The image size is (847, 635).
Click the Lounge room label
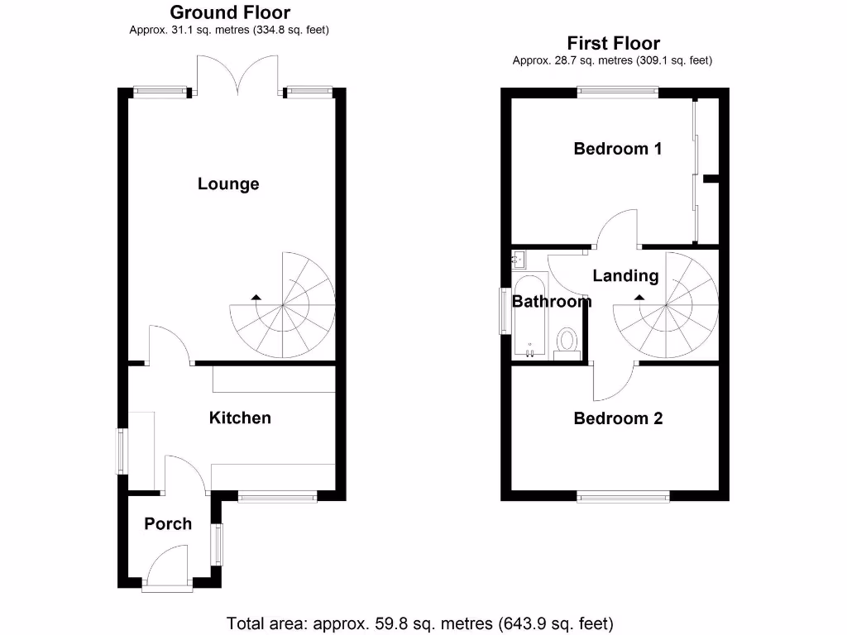[x=228, y=184]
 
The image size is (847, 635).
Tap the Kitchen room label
[x=239, y=418]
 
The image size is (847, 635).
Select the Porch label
[x=168, y=523]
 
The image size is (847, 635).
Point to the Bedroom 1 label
[x=618, y=149]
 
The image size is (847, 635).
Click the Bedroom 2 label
[x=618, y=418]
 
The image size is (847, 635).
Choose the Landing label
[x=625, y=275]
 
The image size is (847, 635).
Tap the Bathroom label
[x=552, y=302]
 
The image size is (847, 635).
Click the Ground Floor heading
[x=230, y=12]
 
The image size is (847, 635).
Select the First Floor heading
[x=613, y=43]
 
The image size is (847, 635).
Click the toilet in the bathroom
[x=567, y=341]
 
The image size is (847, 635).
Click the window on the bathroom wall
[x=502, y=311]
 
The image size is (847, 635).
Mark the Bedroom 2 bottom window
[x=623, y=496]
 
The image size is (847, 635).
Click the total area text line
[x=420, y=623]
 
